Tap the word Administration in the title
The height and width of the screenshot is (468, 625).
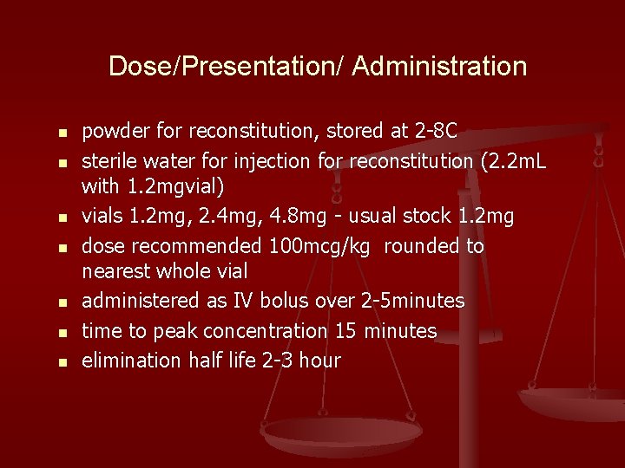click(439, 67)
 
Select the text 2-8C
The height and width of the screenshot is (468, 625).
click(437, 131)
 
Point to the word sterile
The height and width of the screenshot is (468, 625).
click(109, 161)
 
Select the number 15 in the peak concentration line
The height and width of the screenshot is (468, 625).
click(345, 331)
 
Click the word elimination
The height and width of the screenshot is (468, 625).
click(132, 360)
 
